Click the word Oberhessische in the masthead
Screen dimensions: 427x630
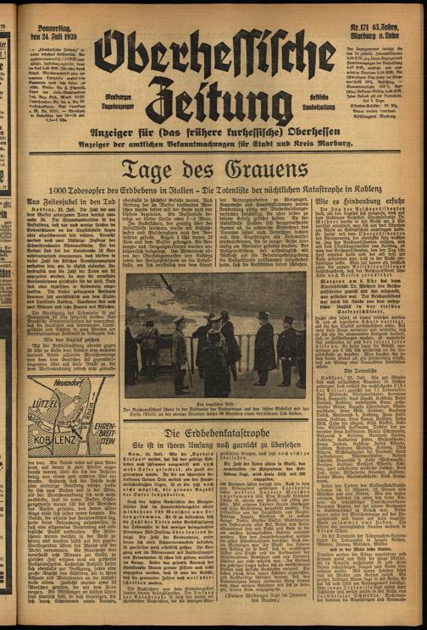217,56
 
